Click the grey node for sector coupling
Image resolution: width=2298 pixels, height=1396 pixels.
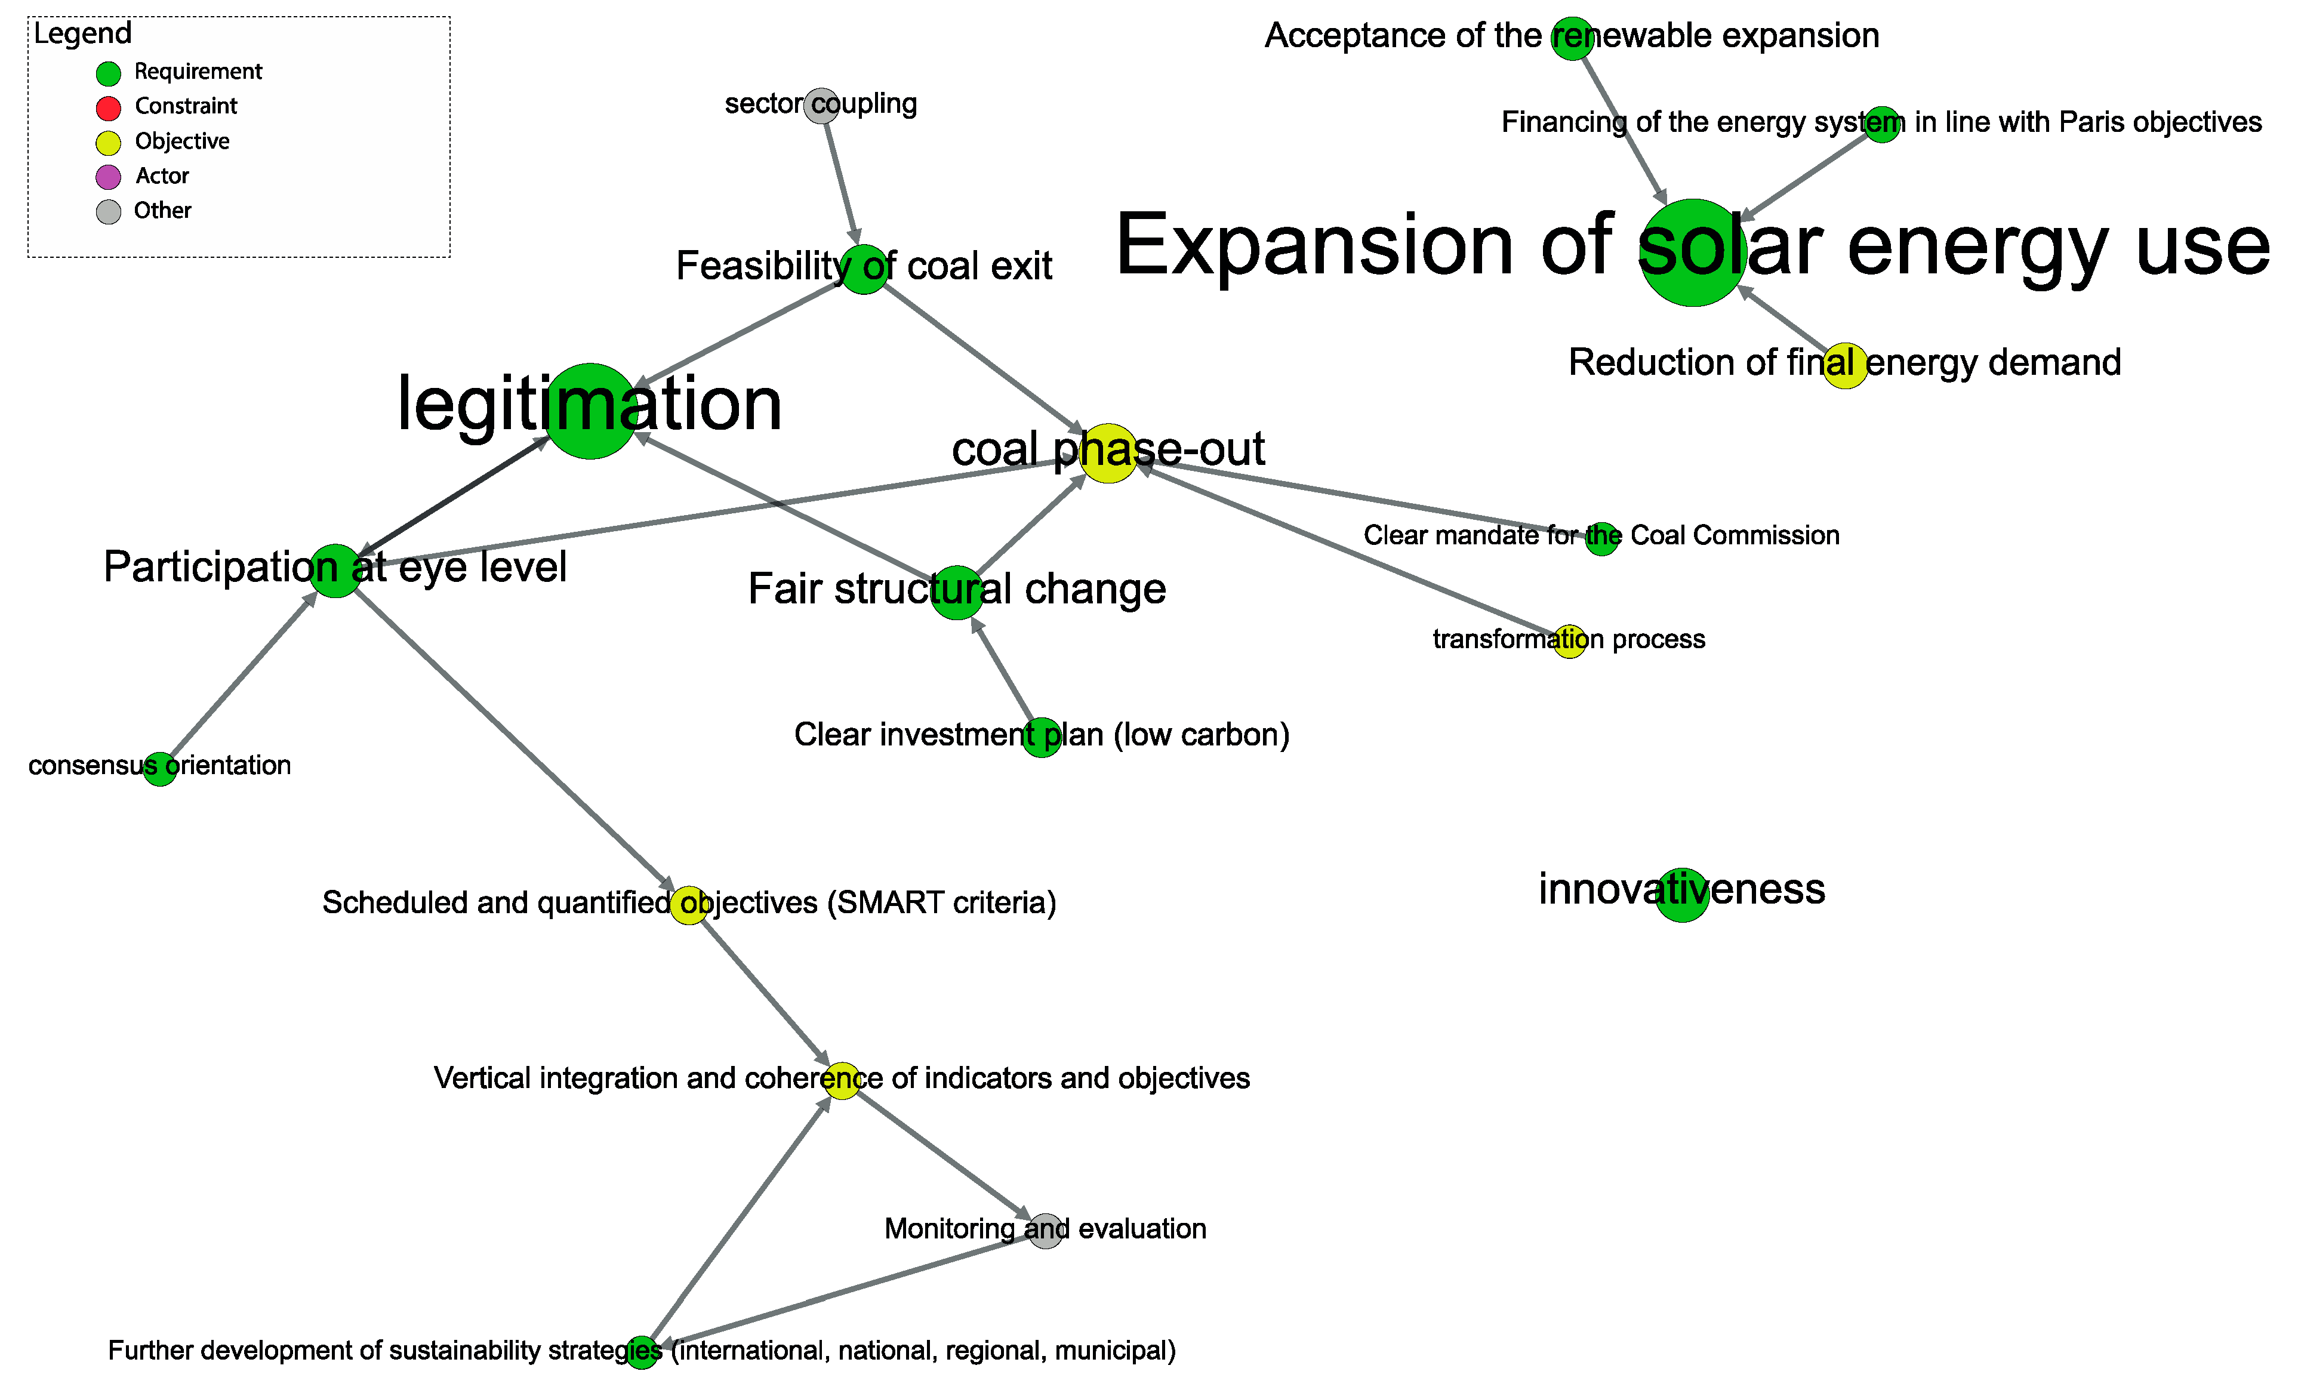coord(821,106)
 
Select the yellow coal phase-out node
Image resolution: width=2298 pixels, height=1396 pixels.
coord(1108,453)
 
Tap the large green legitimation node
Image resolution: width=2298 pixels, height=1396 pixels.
coord(590,411)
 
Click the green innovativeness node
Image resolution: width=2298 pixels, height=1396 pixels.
coord(1681,894)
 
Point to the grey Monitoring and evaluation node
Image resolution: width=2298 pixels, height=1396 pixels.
coord(1046,1231)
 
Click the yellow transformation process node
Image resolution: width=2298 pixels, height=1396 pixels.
coord(1570,642)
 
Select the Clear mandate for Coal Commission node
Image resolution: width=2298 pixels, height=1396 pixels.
coord(1601,539)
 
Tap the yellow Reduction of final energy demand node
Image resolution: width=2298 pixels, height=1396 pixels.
coord(1845,365)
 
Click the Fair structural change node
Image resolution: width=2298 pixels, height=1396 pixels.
coord(957,592)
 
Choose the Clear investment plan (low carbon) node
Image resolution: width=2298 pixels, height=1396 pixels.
coord(1041,738)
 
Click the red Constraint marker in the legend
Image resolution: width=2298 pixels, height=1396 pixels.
coord(108,108)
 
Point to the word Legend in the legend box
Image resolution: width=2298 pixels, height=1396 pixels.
coord(83,33)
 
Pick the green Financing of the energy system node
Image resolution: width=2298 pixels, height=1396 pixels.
coord(1882,125)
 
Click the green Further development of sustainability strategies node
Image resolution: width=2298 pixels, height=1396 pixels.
coord(642,1351)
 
